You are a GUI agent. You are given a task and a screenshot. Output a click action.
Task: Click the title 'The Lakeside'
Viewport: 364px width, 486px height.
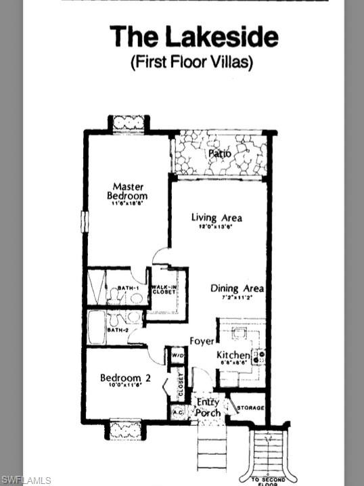pos(194,36)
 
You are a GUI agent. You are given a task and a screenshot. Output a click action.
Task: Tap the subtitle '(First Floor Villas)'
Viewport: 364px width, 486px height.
pos(191,62)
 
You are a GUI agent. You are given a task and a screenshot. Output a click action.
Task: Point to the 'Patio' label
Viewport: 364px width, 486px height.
pos(219,154)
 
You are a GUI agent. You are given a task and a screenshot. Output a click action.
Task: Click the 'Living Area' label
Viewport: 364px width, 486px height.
pos(217,218)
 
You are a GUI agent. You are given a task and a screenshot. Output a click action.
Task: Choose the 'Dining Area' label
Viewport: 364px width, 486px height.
pos(237,288)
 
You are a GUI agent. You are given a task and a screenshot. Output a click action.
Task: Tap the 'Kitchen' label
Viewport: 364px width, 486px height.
pos(233,355)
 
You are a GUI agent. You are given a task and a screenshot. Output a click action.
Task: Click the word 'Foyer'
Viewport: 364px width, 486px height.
pos(202,341)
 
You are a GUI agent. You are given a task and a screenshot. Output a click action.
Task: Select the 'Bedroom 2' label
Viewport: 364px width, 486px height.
pos(121,378)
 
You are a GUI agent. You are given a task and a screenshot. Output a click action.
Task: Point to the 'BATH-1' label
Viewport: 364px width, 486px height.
pos(128,288)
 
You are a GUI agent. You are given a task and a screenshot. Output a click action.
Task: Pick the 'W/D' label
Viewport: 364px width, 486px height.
pos(177,355)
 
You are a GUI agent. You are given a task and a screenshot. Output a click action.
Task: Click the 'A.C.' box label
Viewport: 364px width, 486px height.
pos(178,411)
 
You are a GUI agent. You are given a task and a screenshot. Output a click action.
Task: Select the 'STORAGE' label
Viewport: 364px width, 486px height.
pos(249,408)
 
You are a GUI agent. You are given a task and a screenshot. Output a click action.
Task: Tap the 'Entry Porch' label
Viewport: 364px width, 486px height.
pos(208,407)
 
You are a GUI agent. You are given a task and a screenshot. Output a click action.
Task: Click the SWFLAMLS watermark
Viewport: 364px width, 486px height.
pos(26,480)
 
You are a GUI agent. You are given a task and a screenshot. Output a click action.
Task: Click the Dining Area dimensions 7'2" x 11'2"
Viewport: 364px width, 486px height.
pos(236,297)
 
